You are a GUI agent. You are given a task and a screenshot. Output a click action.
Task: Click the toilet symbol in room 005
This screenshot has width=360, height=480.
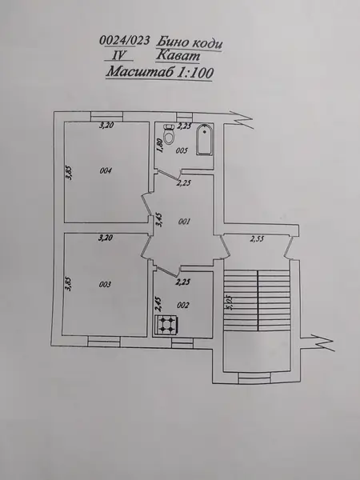pos(169,134)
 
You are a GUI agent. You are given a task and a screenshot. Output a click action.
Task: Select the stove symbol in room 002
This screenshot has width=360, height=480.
pos(166,324)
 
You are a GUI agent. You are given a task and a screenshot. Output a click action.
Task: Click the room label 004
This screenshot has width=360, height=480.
pos(106,171)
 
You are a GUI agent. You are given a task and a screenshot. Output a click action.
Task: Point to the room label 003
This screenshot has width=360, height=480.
pos(105,284)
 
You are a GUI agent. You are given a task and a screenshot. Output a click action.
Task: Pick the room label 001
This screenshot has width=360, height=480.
pos(184,222)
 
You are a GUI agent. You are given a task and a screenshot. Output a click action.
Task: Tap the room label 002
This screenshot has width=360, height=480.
pos(183,306)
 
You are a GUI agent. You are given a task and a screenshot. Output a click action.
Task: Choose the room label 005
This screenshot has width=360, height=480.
pos(182,150)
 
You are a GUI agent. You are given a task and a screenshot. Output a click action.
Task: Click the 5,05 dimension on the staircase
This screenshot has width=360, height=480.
pos(228,302)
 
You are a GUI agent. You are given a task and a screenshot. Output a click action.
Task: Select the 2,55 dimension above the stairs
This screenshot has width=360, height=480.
pos(257,239)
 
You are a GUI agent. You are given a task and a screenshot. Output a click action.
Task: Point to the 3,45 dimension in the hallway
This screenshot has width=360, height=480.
pos(159,220)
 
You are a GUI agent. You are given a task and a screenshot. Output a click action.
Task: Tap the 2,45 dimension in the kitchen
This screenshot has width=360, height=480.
pos(158,304)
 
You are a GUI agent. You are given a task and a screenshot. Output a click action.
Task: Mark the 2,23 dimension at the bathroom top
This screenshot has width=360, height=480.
pos(185,126)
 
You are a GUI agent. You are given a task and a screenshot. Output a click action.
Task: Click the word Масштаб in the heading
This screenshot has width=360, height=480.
pos(141,73)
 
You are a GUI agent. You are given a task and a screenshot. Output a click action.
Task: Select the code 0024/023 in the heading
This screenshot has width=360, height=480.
pos(125,41)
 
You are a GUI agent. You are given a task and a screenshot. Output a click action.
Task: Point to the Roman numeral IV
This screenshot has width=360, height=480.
pos(118,55)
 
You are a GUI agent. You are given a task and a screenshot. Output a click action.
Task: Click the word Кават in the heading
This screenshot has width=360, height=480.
pos(178,56)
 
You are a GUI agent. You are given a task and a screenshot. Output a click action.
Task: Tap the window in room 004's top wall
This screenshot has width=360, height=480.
pos(107,116)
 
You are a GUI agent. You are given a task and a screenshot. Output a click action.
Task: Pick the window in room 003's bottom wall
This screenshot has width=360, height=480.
pos(104,342)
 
